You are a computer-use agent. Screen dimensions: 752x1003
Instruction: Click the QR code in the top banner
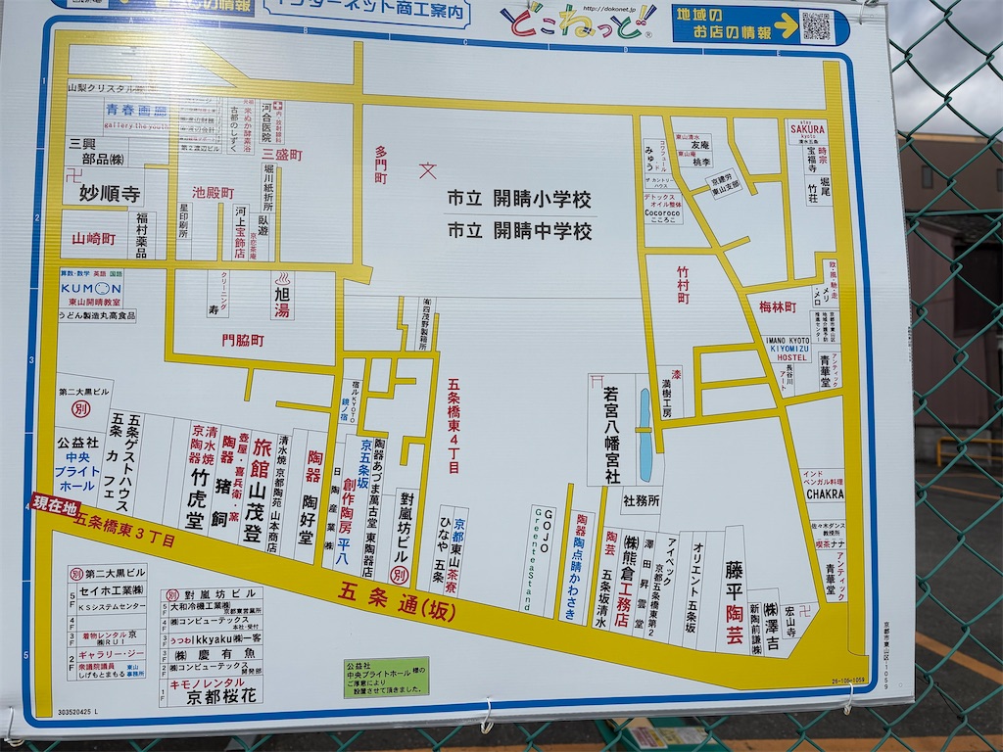click(x=816, y=25)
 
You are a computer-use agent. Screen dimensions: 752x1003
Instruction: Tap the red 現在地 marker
click(x=55, y=504)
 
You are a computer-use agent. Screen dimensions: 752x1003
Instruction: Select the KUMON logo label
click(x=91, y=289)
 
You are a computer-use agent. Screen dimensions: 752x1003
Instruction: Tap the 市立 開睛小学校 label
click(x=519, y=200)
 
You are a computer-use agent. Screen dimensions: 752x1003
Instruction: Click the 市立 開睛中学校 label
click(x=519, y=231)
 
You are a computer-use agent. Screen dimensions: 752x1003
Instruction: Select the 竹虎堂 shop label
click(x=198, y=498)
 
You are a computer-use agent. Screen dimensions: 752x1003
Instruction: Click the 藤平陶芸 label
click(x=734, y=601)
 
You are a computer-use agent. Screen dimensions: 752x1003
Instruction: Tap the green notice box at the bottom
click(x=386, y=677)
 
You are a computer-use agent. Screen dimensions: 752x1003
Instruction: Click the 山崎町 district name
click(x=94, y=239)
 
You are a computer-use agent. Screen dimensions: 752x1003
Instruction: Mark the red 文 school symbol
click(x=428, y=170)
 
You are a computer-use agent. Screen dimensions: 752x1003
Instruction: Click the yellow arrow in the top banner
click(x=786, y=25)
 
